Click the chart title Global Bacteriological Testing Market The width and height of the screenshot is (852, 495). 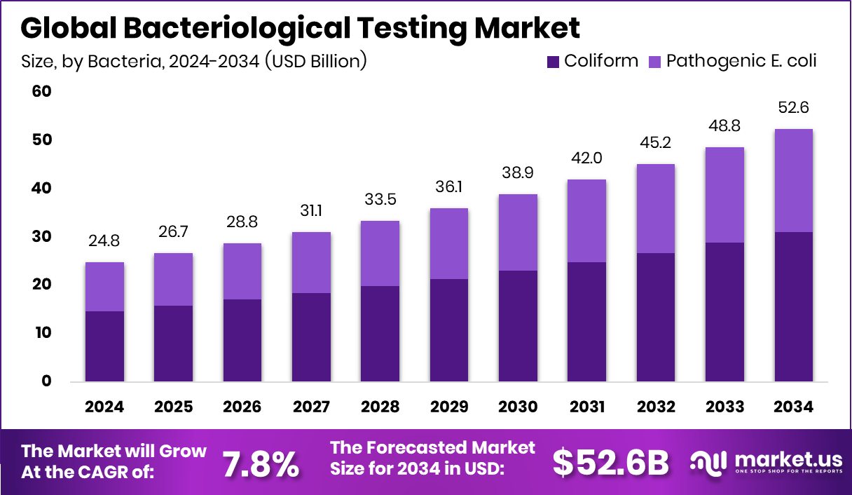coord(300,28)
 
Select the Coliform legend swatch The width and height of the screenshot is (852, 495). coord(552,61)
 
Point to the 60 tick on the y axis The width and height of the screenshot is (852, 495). coord(42,92)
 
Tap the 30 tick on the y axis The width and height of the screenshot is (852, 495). coord(42,236)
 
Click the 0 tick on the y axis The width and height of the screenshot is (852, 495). coord(46,381)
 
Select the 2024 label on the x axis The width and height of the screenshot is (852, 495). coord(104,407)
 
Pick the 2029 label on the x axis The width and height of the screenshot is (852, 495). coord(449,407)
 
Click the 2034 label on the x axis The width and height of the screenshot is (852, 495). coord(793,407)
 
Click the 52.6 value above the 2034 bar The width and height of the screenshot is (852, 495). coord(793,108)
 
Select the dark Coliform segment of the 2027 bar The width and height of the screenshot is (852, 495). coord(311,337)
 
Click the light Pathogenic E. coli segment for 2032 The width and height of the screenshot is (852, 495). coord(655,208)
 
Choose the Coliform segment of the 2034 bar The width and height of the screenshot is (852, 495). coord(793,306)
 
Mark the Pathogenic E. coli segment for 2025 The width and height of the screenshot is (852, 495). coord(173,279)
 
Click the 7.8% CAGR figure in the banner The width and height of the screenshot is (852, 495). coord(260,463)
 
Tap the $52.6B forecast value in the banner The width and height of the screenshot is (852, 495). coord(610,463)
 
